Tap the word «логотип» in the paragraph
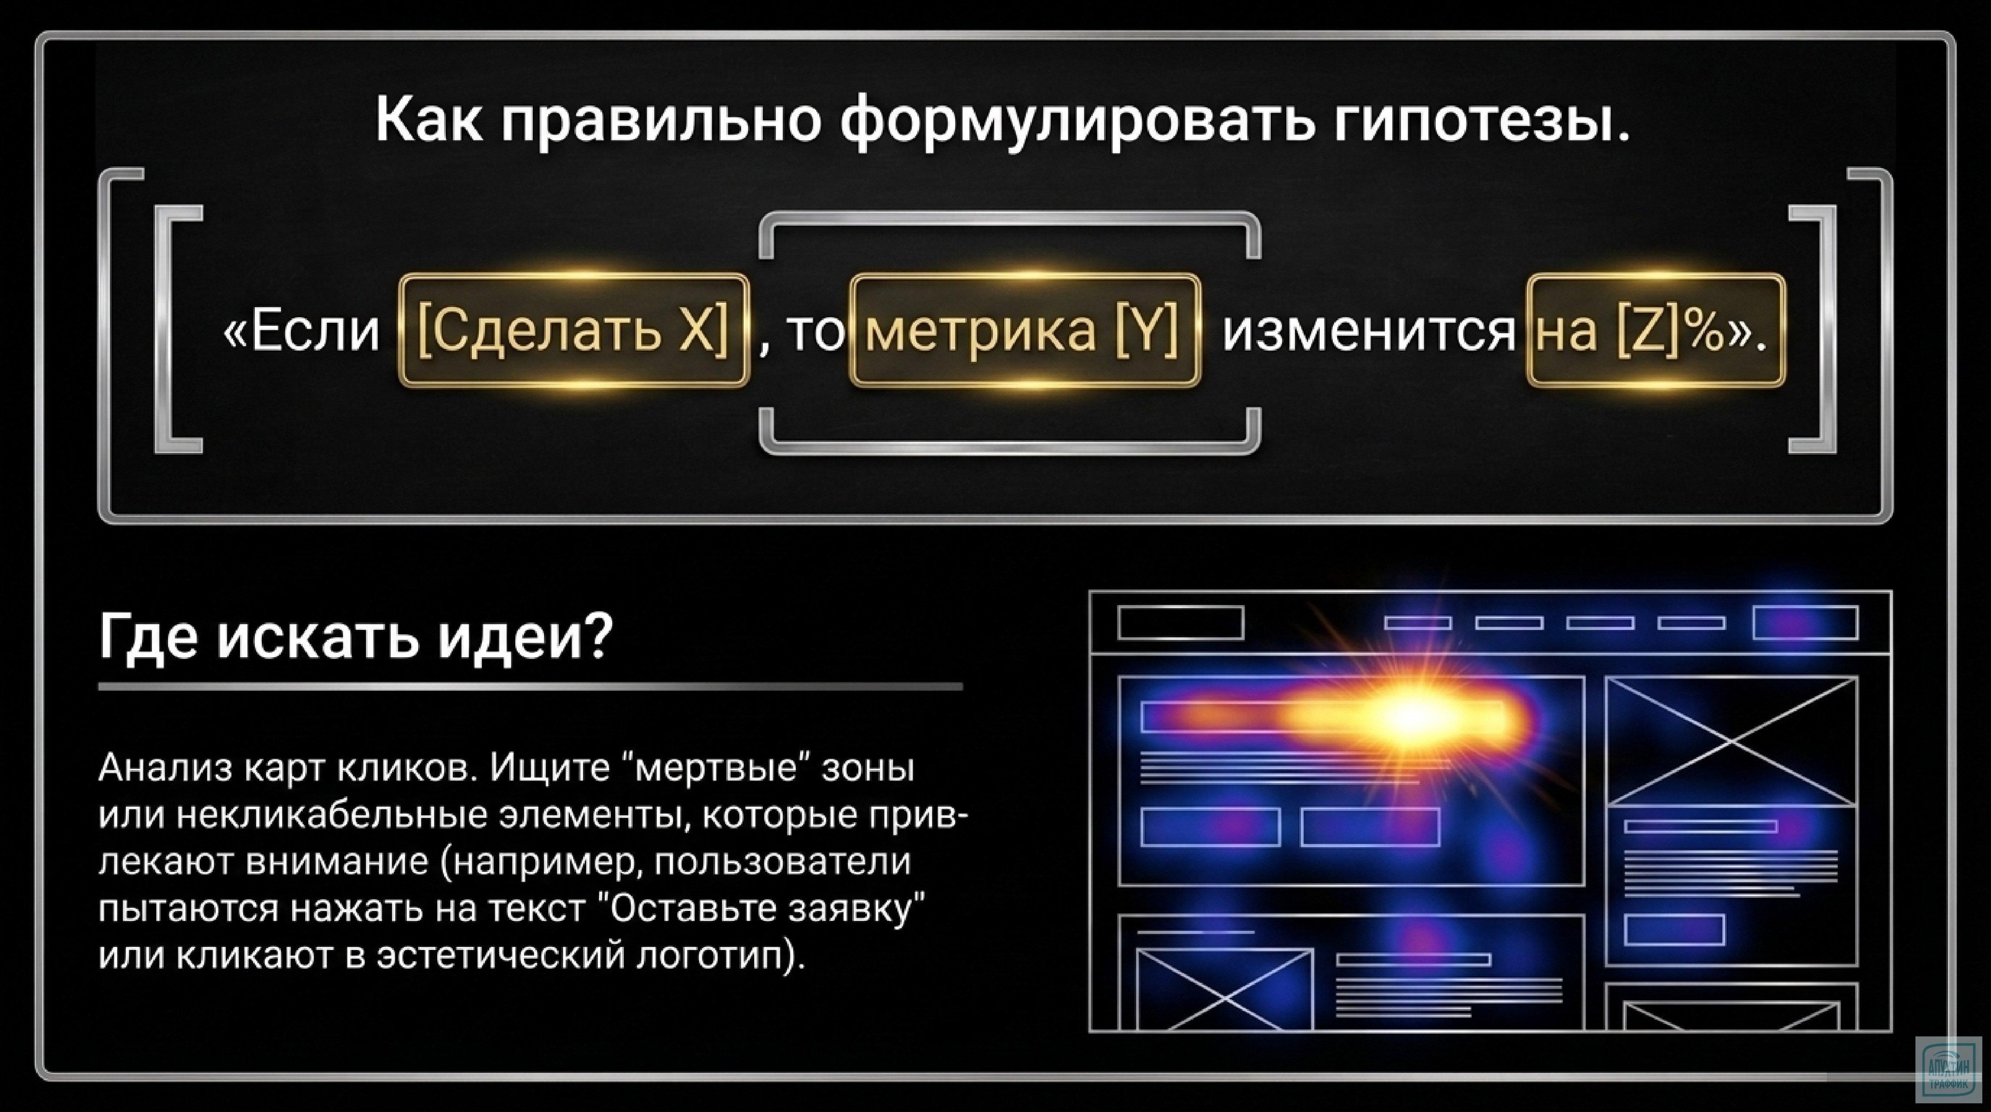(711, 955)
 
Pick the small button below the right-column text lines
(1674, 930)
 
